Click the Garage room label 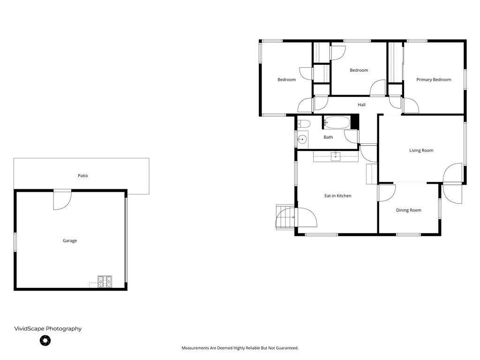click(x=70, y=240)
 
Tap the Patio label click(x=82, y=176)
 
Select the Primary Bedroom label click(x=434, y=80)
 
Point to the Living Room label click(x=421, y=150)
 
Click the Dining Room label click(x=408, y=210)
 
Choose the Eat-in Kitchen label click(x=337, y=195)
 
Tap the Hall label click(x=361, y=105)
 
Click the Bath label click(x=328, y=137)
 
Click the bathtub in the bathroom click(x=337, y=123)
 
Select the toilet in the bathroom click(x=303, y=124)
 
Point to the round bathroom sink click(x=303, y=139)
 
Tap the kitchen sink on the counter click(x=336, y=156)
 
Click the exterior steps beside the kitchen click(x=285, y=217)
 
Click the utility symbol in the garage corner click(x=105, y=281)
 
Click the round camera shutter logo click(x=45, y=341)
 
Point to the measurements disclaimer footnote click(x=240, y=348)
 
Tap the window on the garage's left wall click(x=15, y=242)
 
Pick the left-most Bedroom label click(x=286, y=80)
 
